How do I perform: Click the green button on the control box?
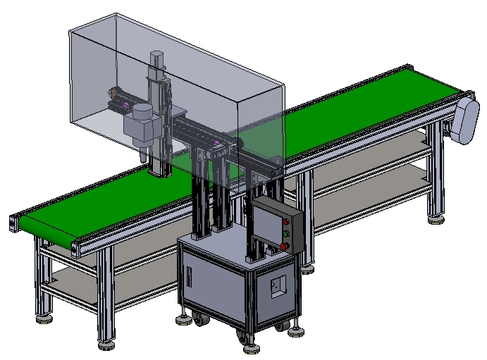(x=285, y=232)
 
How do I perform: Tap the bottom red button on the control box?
(x=284, y=246)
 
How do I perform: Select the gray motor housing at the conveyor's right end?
(x=466, y=120)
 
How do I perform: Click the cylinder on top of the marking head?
(x=143, y=113)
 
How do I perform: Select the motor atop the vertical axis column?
(x=157, y=61)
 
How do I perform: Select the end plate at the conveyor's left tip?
(x=13, y=222)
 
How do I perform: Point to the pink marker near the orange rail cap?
(x=126, y=106)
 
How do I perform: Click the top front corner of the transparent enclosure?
(x=238, y=103)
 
